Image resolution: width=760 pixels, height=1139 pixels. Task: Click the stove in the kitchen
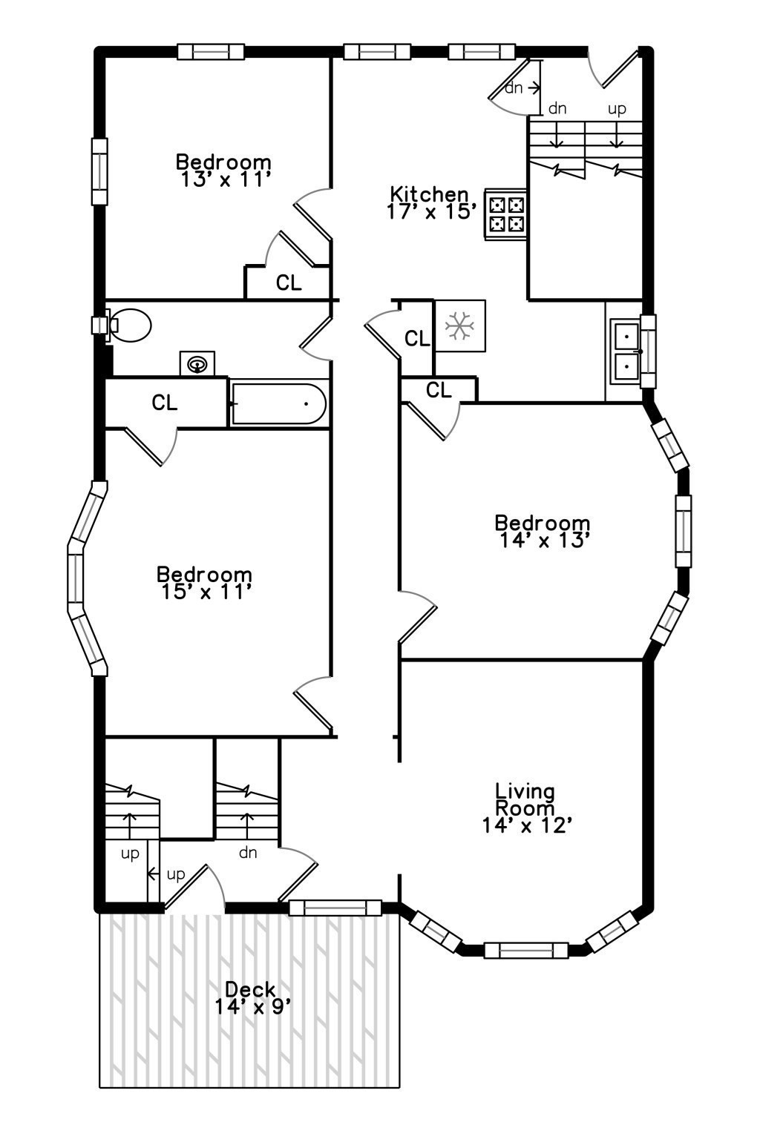click(505, 214)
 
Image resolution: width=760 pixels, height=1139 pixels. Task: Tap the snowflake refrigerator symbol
click(459, 326)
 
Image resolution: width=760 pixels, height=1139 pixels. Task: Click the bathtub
click(278, 403)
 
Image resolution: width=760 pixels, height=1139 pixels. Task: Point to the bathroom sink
click(197, 363)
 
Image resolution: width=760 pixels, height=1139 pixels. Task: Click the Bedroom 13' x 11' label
click(223, 171)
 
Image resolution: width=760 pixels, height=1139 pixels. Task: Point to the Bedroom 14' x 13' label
click(543, 532)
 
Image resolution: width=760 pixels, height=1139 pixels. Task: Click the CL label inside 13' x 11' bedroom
click(289, 283)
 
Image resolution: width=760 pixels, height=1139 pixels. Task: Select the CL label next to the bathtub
click(165, 403)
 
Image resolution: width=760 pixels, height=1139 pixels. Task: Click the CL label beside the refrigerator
click(417, 338)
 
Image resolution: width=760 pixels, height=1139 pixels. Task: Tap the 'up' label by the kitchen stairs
click(617, 109)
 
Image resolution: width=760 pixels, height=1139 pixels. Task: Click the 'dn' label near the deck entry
click(248, 852)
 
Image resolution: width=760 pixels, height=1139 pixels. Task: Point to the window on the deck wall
click(335, 908)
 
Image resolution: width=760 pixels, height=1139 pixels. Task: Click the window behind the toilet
click(99, 324)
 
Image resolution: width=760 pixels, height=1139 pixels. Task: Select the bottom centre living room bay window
click(526, 950)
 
